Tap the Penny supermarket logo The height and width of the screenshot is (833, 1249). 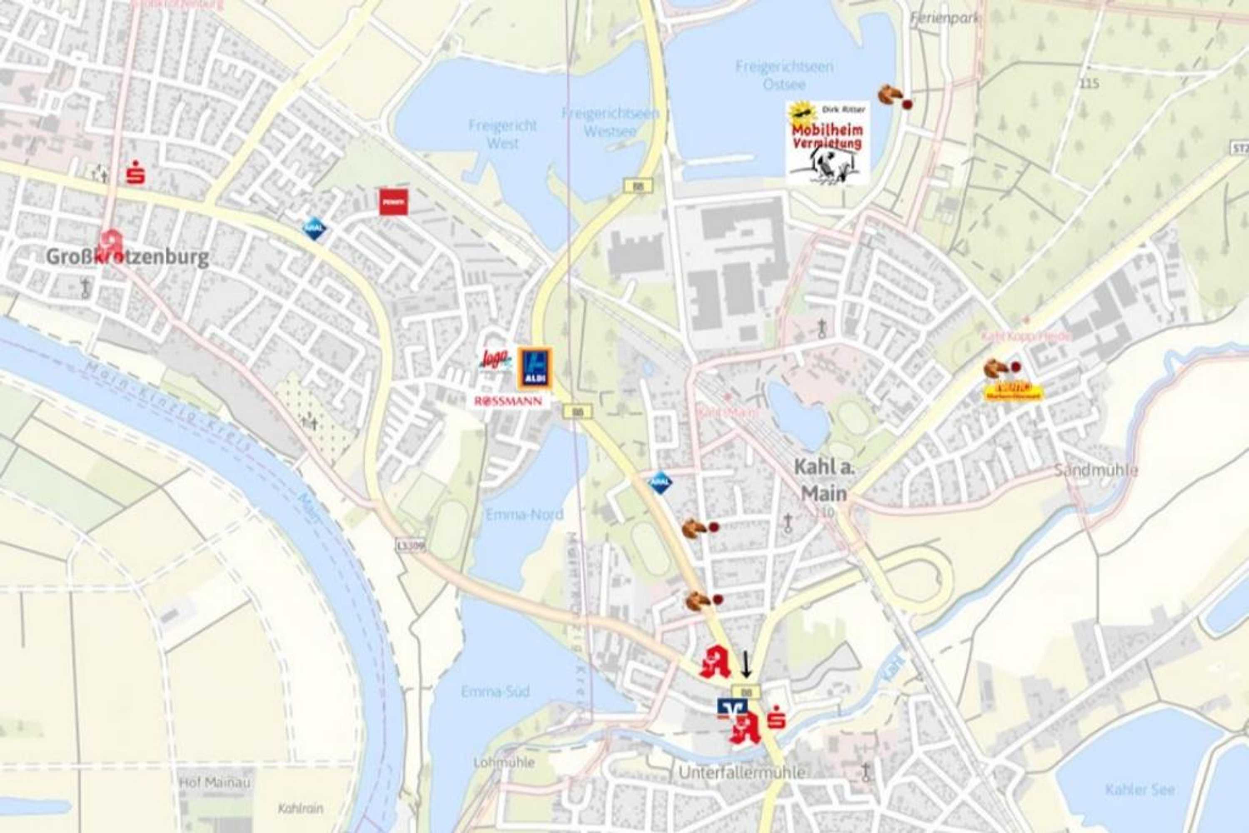coord(393,202)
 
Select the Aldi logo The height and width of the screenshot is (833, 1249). coord(534,368)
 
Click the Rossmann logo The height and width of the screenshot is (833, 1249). coord(509,401)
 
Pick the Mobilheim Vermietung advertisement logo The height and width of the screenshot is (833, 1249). coord(827,143)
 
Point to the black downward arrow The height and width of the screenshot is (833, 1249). coord(746,664)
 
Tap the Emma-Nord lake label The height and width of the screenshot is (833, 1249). coord(524,514)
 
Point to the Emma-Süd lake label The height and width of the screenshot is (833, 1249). coord(495,692)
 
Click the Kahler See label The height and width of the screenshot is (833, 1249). coord(1139,790)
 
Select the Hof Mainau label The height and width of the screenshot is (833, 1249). coord(214,783)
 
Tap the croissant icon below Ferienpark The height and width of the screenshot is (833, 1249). coord(889,95)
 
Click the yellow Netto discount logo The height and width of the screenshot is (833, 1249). coord(1014,392)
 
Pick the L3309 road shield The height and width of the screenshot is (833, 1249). coord(411,546)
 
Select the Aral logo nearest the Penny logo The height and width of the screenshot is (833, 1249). coord(314,229)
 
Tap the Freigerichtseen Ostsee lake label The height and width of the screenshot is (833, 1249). coord(784,75)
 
